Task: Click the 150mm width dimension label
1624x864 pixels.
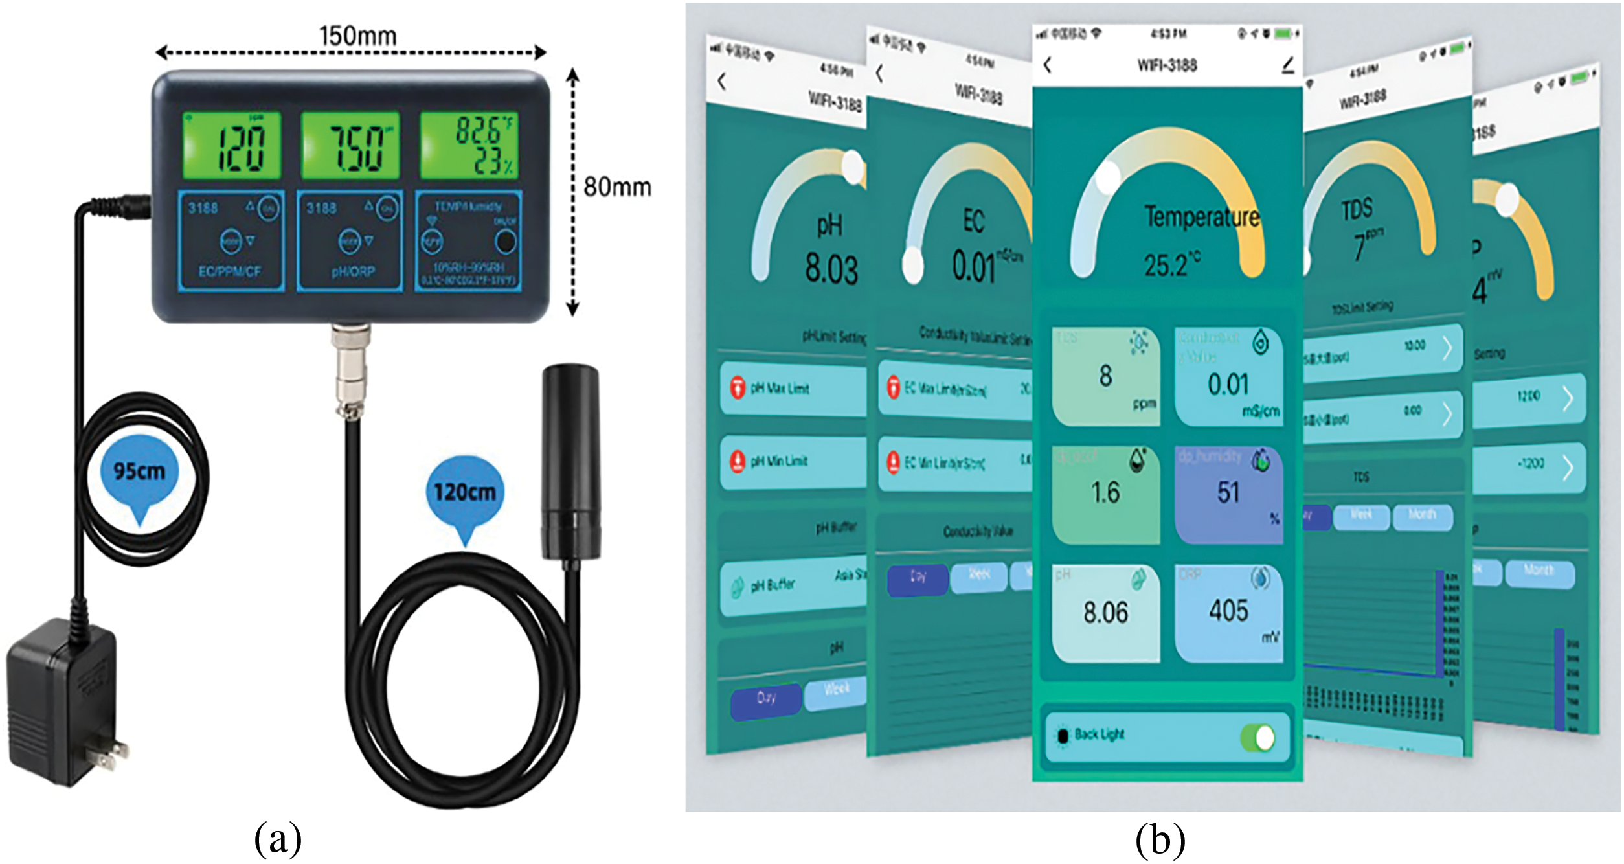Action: [357, 36]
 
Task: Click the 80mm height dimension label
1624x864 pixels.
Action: [616, 187]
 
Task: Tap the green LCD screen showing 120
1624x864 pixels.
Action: [232, 146]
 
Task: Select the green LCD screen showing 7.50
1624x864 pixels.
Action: [350, 146]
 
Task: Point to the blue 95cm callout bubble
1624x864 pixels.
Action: [139, 472]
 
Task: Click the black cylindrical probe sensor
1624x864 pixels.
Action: [570, 460]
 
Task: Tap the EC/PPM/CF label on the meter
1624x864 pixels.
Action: [229, 271]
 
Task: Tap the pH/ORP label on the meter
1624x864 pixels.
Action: [353, 272]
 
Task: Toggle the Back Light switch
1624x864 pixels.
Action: [1257, 738]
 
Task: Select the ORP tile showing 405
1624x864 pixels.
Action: [1228, 613]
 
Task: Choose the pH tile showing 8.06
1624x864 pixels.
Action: [1105, 613]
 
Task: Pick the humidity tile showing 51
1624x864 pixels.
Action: [1228, 495]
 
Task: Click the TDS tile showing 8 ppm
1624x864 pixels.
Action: [1105, 376]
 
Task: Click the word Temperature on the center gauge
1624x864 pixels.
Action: [1202, 217]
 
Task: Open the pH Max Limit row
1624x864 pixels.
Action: [793, 389]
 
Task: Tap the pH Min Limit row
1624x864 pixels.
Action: [793, 461]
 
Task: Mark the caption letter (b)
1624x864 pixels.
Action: [1160, 840]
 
